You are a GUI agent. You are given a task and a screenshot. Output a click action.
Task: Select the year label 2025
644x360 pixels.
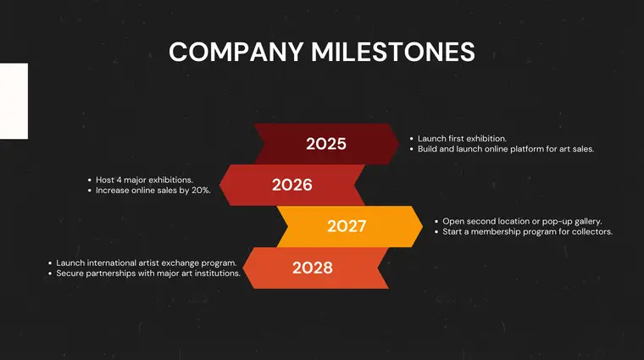pos(326,144)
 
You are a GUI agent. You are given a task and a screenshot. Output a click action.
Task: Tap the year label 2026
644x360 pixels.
pos(292,185)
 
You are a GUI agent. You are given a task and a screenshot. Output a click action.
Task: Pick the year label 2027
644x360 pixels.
pos(347,226)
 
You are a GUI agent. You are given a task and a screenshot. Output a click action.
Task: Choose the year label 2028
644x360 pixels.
pos(313,268)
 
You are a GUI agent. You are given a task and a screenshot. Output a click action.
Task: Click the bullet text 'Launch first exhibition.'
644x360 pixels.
pos(462,138)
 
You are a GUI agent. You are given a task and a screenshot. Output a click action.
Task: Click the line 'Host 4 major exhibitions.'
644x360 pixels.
pos(144,180)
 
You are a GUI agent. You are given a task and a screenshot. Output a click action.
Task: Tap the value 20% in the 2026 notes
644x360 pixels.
pos(200,191)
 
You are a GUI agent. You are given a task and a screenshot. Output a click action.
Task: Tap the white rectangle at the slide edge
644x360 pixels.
pos(14,101)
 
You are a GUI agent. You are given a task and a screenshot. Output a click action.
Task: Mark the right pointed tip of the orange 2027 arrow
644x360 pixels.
pos(422,226)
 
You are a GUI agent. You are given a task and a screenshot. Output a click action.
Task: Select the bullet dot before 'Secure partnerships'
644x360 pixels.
pos(49,274)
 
